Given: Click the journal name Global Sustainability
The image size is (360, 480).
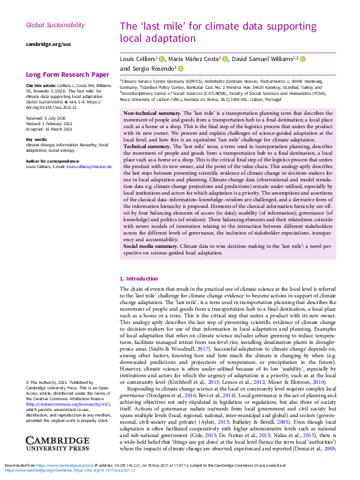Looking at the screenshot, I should click(x=55, y=25).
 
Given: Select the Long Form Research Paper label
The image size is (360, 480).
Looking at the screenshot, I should click(x=68, y=75).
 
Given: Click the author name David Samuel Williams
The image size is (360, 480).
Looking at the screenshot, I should click(x=264, y=59).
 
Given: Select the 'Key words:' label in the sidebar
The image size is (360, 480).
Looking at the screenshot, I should click(x=37, y=139).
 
